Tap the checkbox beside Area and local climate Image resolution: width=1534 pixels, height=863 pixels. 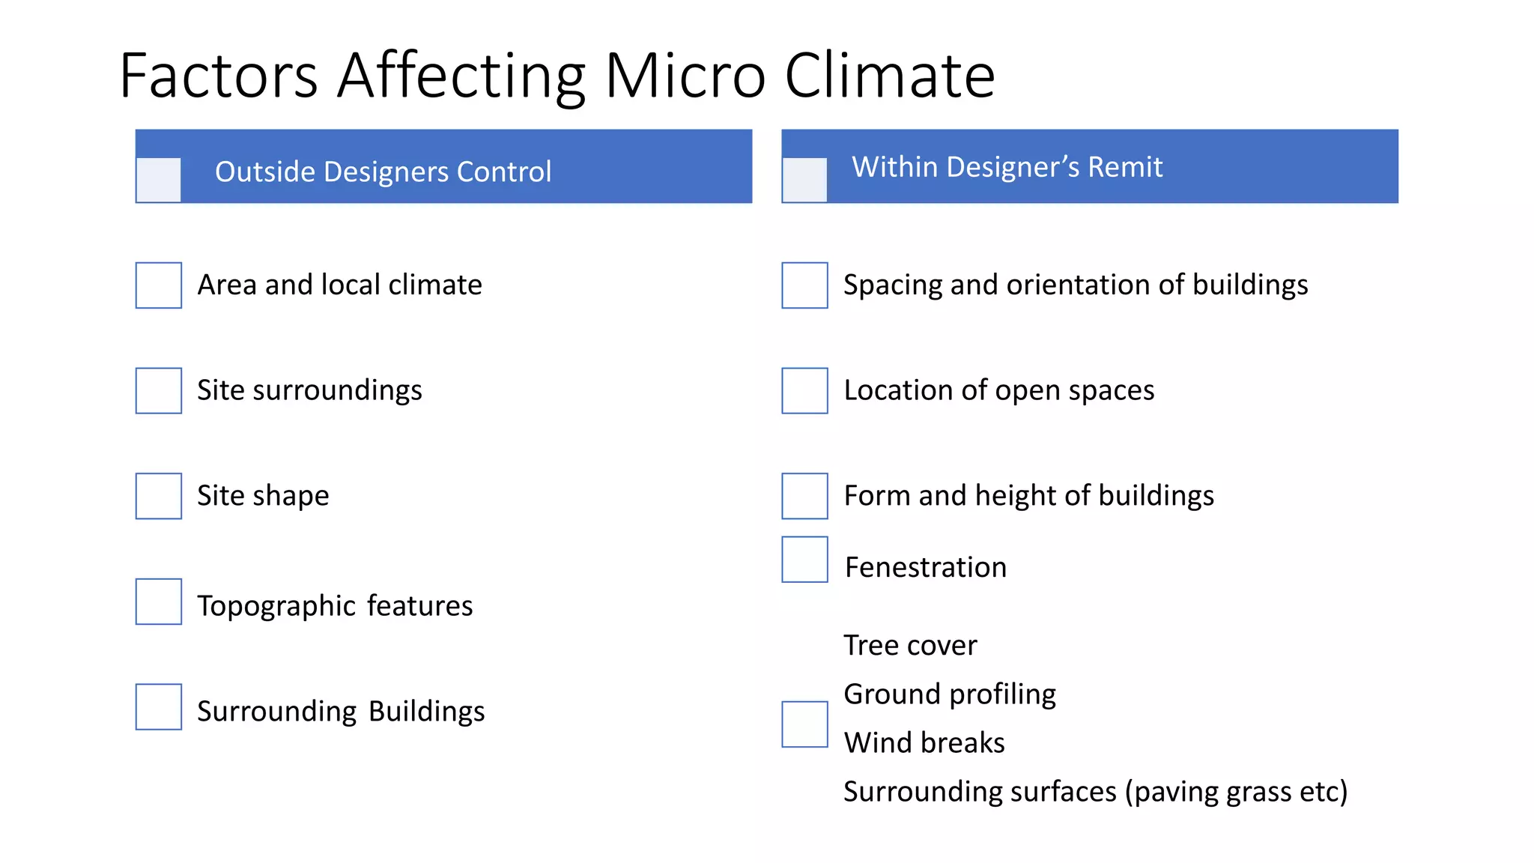coord(159,285)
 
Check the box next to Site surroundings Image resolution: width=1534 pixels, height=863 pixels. coord(159,390)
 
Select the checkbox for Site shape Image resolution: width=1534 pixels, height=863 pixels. coord(159,496)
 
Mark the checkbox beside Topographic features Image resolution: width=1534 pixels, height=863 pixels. coord(159,602)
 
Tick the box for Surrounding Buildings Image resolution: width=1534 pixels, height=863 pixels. coord(159,706)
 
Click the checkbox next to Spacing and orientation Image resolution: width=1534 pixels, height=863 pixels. coord(805,285)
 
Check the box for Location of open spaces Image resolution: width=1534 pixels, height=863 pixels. coord(805,390)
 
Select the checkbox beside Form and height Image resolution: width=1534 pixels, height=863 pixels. coord(805,496)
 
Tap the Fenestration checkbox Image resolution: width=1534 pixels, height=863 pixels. coord(805,560)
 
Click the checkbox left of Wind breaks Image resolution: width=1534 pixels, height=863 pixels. coord(805,724)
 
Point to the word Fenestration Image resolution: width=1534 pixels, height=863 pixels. coord(926,567)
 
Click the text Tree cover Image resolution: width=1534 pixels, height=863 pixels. coord(910,645)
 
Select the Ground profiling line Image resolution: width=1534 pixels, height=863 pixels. coord(950,694)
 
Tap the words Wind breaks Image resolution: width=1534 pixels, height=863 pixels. coord(924,743)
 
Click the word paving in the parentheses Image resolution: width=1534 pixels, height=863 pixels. coord(1176,793)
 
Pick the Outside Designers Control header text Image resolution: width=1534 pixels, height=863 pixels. coord(383,172)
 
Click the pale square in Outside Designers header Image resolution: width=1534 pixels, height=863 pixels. coord(159,180)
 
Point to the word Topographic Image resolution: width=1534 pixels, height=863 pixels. coord(276,606)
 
